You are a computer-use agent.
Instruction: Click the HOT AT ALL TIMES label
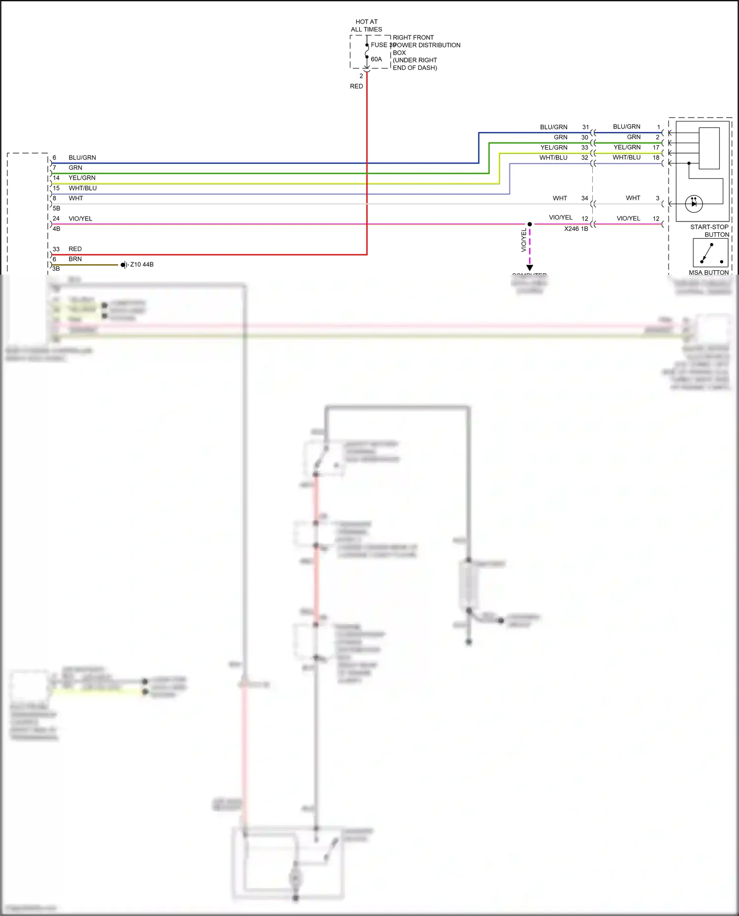(x=366, y=26)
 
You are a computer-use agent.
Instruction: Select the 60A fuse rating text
(x=376, y=59)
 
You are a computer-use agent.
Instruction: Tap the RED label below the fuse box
(x=356, y=86)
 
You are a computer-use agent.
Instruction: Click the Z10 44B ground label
(x=142, y=265)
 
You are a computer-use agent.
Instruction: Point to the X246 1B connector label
(x=576, y=229)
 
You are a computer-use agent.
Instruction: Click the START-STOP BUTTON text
(x=709, y=231)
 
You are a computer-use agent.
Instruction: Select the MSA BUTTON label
(x=708, y=273)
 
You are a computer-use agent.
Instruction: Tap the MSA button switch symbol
(x=710, y=253)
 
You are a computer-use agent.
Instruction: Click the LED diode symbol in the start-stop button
(x=694, y=203)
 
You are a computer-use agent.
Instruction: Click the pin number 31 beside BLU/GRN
(x=585, y=127)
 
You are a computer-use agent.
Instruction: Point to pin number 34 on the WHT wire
(x=584, y=198)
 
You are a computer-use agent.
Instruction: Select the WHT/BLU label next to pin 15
(x=83, y=188)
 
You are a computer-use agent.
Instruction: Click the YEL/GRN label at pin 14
(x=82, y=178)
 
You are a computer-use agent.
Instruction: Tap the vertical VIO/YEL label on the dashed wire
(x=524, y=241)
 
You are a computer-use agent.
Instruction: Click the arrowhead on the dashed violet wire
(x=530, y=268)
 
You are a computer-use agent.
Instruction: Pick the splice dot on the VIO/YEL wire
(x=530, y=224)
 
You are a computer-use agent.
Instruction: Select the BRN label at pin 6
(x=75, y=259)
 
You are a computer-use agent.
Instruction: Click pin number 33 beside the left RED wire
(x=56, y=249)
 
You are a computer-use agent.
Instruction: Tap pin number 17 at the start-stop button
(x=656, y=147)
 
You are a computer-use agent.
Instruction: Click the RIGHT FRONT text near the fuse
(x=413, y=37)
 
